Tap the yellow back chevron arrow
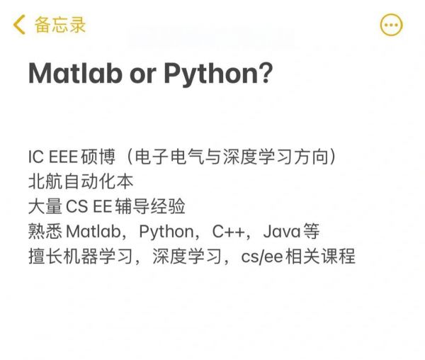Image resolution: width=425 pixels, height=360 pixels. (x=19, y=24)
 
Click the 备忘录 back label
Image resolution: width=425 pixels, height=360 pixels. (x=60, y=25)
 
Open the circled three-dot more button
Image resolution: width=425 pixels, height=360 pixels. (x=392, y=25)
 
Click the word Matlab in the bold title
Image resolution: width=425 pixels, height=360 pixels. (x=75, y=73)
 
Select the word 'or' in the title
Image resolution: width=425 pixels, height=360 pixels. (x=143, y=75)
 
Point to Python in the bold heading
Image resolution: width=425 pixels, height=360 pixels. (x=211, y=74)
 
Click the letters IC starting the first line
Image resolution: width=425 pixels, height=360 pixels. (x=36, y=157)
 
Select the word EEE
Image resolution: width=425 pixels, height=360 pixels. (x=63, y=157)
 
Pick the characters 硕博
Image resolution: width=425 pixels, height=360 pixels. (x=98, y=157)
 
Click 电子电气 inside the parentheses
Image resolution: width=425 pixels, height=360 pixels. (x=169, y=157)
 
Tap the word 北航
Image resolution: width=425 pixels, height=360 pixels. (x=45, y=181)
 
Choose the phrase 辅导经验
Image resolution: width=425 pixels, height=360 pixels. (x=150, y=206)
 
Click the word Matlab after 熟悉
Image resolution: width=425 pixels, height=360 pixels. (x=93, y=232)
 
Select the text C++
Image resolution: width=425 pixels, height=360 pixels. (x=229, y=232)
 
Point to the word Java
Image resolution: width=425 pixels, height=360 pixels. (x=282, y=232)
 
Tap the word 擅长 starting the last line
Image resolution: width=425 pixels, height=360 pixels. (x=45, y=256)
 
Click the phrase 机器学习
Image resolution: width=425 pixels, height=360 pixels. (x=98, y=256)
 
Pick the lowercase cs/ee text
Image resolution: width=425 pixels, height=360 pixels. (x=262, y=257)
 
